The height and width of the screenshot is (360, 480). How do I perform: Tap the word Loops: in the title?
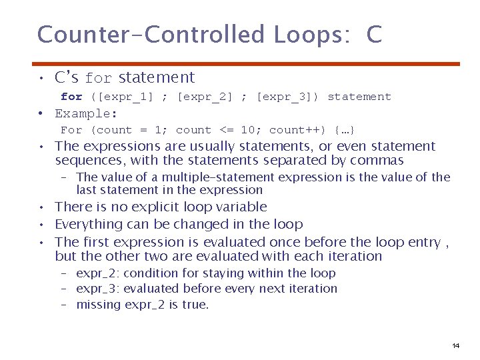click(x=313, y=34)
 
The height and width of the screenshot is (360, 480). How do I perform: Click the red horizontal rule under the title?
click(x=249, y=64)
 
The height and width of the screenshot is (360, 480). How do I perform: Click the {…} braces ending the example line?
click(x=345, y=130)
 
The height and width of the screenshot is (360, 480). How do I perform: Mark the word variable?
click(x=241, y=207)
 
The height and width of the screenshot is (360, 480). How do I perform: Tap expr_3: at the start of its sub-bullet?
click(x=98, y=289)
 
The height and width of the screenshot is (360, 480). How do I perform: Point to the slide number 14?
click(x=455, y=345)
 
